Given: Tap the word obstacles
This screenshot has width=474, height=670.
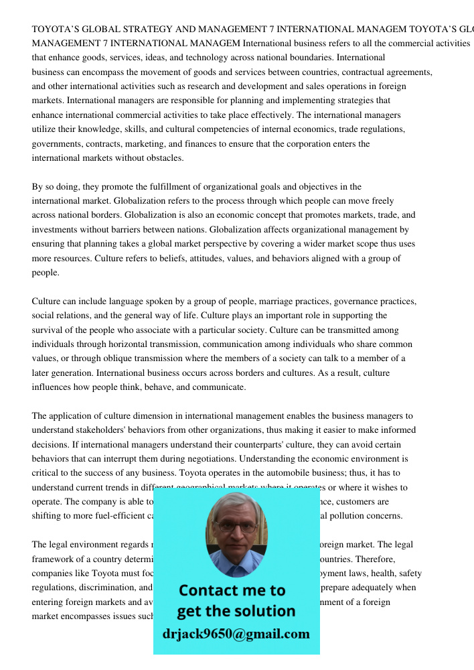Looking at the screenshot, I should click(163, 158).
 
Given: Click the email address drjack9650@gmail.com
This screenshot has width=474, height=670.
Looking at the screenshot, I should click(236, 633).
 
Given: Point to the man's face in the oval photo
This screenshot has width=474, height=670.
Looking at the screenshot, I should click(236, 529).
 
